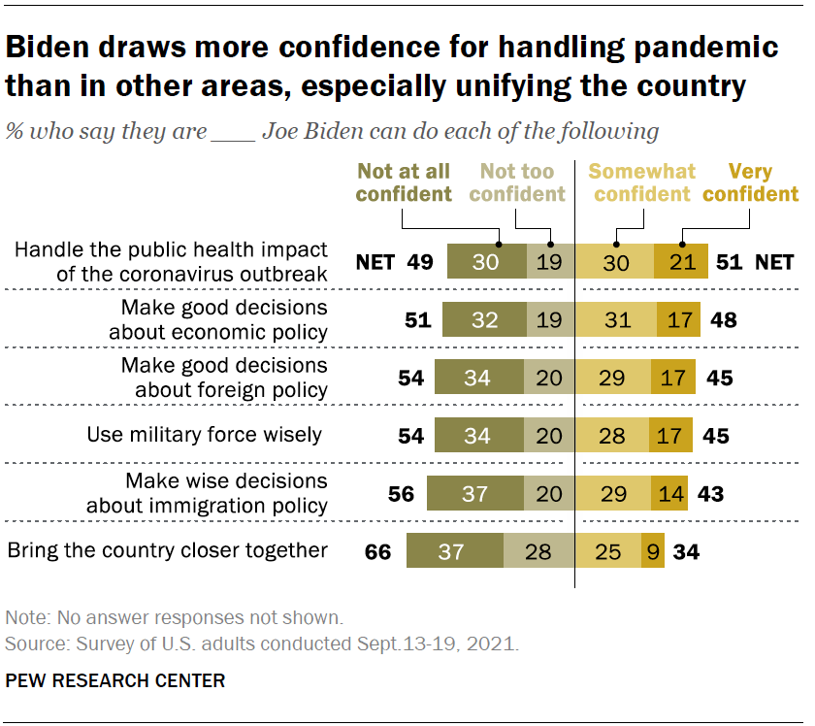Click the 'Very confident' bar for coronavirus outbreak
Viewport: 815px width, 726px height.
click(x=681, y=261)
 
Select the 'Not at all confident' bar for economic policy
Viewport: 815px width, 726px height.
click(x=482, y=319)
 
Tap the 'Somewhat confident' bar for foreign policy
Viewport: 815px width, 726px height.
click(x=612, y=378)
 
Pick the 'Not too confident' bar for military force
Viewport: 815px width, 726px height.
click(x=549, y=436)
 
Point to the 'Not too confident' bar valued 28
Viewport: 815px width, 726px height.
click(x=538, y=552)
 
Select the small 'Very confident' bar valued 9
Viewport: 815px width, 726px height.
click(x=653, y=552)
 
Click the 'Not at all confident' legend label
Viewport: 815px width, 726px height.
click(x=404, y=182)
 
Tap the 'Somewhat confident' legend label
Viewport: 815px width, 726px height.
click(x=641, y=182)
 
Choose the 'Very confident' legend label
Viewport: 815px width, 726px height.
click(x=750, y=182)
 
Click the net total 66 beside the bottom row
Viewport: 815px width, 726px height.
click(x=377, y=552)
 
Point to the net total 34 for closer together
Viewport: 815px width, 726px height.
click(x=686, y=552)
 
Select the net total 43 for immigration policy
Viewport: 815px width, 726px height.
click(x=710, y=494)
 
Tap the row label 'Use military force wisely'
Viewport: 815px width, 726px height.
click(x=205, y=434)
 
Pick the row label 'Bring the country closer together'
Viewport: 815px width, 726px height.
click(x=168, y=550)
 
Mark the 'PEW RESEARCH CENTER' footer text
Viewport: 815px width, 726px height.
click(x=115, y=680)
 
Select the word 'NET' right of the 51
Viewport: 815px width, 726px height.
click(x=774, y=261)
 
